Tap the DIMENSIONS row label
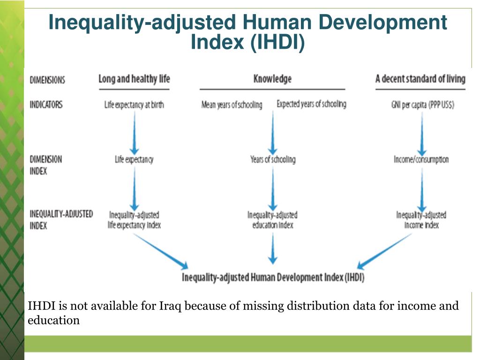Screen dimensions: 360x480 [x=47, y=80]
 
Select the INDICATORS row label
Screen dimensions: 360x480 [x=46, y=105]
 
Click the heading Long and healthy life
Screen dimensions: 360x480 [x=134, y=79]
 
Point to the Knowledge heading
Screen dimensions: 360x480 [x=272, y=79]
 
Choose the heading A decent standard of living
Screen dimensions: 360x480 [x=420, y=79]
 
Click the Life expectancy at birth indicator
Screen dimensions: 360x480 [x=134, y=105]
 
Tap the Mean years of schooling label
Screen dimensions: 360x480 [x=232, y=105]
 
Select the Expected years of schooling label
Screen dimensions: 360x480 [x=311, y=104]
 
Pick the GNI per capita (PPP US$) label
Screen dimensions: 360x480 [x=422, y=105]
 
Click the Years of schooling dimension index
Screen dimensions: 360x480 [x=273, y=160]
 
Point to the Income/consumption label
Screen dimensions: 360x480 [x=421, y=160]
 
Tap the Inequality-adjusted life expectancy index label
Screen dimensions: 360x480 [x=135, y=220]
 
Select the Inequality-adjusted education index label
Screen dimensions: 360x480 [x=272, y=220]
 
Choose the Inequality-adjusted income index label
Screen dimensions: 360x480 [x=421, y=220]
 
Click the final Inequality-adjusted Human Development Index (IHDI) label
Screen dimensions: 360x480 [x=273, y=277]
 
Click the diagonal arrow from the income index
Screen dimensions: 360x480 [x=384, y=251]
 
